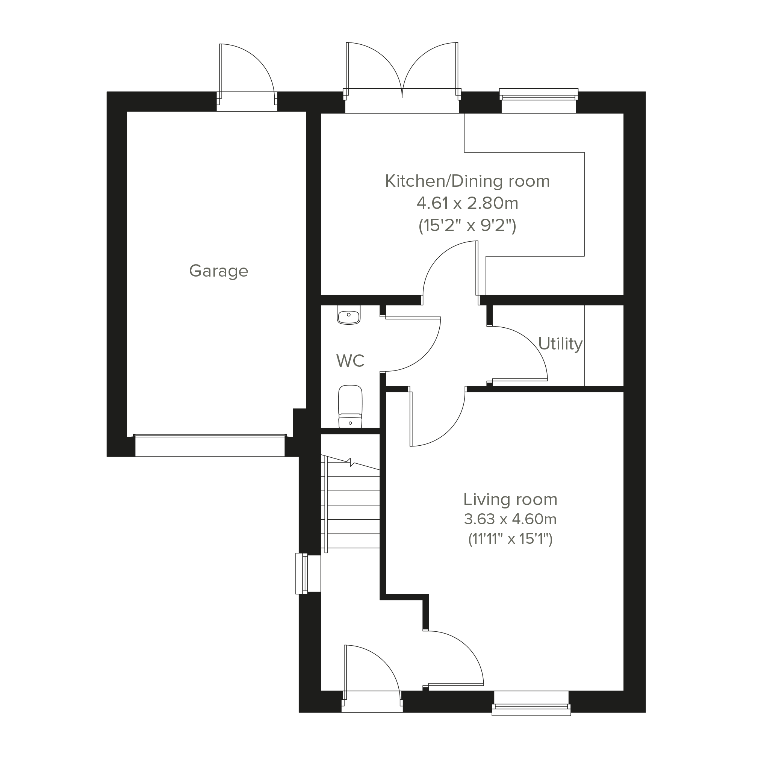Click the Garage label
point(219,271)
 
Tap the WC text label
point(350,361)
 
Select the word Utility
point(560,344)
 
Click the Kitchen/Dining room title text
point(467,181)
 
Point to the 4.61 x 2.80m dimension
point(467,204)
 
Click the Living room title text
point(510,499)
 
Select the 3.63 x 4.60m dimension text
point(510,519)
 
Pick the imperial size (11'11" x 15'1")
point(510,539)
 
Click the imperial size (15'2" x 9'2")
point(467,226)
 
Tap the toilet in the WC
point(350,407)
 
